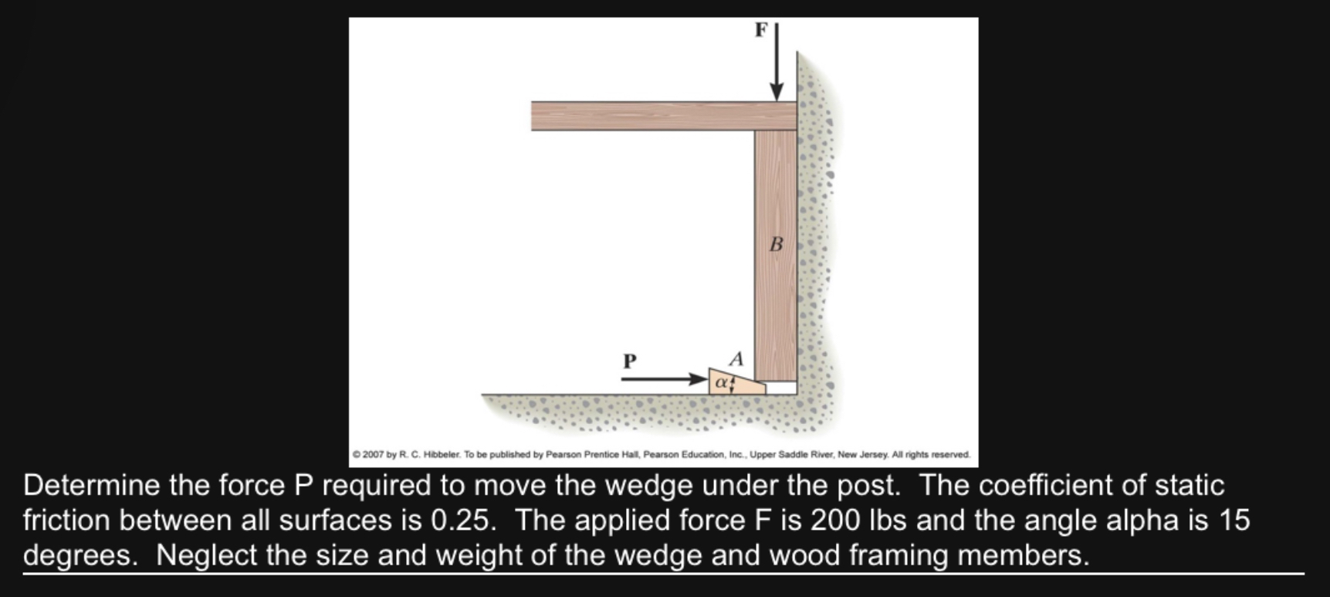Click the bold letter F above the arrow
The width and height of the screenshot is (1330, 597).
[x=761, y=30]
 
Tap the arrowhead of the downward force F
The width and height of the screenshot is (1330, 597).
[x=777, y=93]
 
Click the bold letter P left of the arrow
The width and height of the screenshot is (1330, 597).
[x=630, y=361]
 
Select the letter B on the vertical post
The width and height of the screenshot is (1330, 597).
[x=777, y=245]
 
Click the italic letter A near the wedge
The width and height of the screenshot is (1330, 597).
[x=736, y=359]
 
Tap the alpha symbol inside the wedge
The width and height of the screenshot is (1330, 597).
[x=720, y=382]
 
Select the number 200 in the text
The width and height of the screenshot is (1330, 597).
[x=834, y=521]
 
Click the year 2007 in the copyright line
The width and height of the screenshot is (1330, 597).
[x=373, y=455]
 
